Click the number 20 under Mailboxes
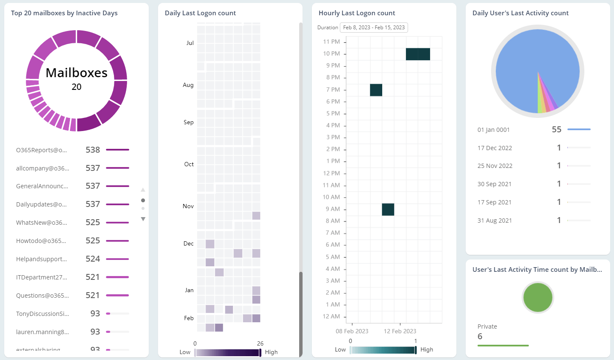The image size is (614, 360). coord(76,87)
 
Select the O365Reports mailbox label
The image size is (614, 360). coord(42,150)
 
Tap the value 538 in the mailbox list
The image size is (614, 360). coord(93,150)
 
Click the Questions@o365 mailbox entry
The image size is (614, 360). coord(42,296)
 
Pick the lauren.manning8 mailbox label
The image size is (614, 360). coord(42,332)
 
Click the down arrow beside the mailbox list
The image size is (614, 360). coord(143,219)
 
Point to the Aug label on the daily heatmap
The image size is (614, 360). coord(188,85)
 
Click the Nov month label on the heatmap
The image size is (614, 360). coord(188,206)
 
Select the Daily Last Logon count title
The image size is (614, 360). coord(200,13)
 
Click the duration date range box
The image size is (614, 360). coord(374,28)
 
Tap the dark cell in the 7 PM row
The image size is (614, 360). coord(376,90)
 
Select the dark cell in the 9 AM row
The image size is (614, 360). coord(388,209)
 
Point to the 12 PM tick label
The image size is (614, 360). coord(331,173)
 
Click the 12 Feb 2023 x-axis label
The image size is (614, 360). coord(400,331)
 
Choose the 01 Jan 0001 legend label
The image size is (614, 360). coord(494,130)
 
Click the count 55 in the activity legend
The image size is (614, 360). coord(556,130)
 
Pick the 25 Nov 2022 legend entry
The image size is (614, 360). coord(495,166)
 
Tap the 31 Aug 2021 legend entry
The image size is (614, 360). coord(495,220)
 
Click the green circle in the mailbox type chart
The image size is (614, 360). coord(538,298)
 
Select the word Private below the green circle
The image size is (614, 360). coord(487,327)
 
